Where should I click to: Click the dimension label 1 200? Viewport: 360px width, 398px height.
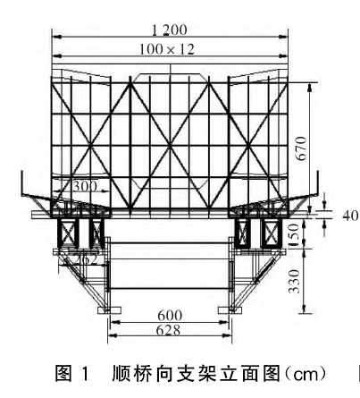click(170, 30)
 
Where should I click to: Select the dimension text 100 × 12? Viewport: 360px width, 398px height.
click(167, 49)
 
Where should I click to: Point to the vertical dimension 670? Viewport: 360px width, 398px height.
click(301, 148)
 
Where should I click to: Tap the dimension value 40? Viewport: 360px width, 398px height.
click(350, 216)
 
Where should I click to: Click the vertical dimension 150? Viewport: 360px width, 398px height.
click(294, 235)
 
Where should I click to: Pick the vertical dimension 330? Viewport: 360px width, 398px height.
click(294, 282)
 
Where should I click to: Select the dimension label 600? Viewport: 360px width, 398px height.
click(170, 316)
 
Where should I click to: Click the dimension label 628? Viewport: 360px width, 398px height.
click(168, 330)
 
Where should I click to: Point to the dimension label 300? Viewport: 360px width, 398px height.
click(85, 187)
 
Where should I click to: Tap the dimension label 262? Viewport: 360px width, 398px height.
click(86, 259)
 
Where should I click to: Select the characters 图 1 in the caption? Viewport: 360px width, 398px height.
click(72, 374)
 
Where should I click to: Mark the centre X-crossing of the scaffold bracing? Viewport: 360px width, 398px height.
click(170, 146)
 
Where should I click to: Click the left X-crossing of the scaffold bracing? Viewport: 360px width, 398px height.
click(90, 146)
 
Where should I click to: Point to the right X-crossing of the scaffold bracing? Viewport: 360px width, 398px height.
click(248, 146)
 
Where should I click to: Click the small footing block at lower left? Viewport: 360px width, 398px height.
click(110, 310)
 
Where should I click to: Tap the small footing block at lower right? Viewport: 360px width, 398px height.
click(230, 310)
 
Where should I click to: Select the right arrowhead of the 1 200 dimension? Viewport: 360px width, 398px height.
click(283, 37)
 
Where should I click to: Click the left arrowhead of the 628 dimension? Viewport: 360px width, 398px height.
click(113, 336)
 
